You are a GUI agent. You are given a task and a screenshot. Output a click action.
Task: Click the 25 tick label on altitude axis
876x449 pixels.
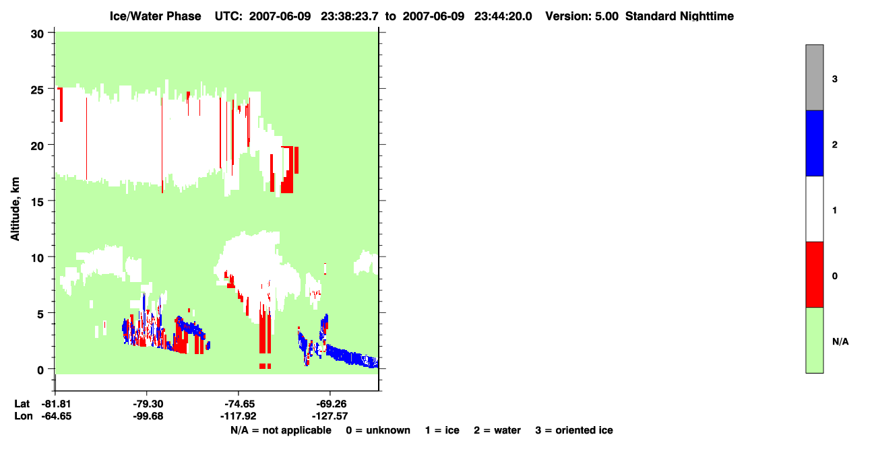pos(37,90)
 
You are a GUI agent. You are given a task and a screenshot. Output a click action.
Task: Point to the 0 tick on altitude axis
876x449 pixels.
pos(51,368)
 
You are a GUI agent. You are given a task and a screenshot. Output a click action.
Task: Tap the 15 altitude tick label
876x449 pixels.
pos(37,202)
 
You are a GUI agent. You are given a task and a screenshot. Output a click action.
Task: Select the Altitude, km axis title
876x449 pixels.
pos(15,209)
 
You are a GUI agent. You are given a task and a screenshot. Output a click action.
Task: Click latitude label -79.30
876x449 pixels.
pos(148,404)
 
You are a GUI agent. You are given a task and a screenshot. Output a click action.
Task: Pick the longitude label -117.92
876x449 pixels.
pos(238,416)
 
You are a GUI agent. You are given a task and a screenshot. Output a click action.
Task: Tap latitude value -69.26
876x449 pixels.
pos(331,404)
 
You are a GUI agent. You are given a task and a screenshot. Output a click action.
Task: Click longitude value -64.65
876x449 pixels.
pos(57,416)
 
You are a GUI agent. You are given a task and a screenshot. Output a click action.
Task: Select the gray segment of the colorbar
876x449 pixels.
pos(814,77)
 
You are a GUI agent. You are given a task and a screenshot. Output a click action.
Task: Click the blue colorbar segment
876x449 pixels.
pos(814,143)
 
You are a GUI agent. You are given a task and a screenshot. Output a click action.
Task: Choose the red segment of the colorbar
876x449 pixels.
pos(814,275)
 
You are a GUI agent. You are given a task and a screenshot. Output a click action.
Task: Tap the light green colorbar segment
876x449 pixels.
pos(814,340)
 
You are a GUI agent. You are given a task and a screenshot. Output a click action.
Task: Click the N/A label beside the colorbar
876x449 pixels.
pos(840,342)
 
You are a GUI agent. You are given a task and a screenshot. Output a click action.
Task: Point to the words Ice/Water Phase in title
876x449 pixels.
pos(155,16)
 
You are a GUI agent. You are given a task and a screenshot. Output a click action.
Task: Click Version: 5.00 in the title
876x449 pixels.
pos(582,16)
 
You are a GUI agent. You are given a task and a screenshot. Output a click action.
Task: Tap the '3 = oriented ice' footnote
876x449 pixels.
pos(574,430)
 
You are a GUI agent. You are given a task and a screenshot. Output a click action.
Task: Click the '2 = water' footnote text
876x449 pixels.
pos(497,430)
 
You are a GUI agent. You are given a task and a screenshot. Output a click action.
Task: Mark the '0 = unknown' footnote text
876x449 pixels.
pos(378,430)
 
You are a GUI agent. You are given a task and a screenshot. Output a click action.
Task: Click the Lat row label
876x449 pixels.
pos(22,404)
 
